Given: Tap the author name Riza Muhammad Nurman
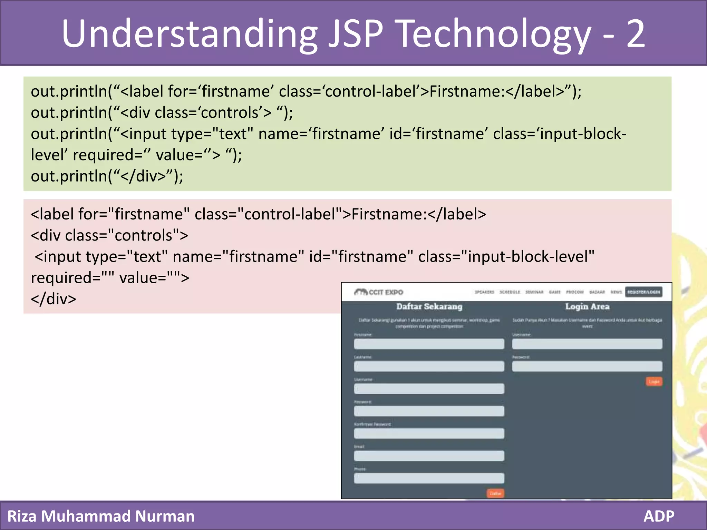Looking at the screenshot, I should [101, 516].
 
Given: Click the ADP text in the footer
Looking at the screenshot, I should [659, 516].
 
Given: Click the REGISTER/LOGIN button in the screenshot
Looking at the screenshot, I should [643, 292].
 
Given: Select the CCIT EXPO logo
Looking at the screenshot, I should [379, 292].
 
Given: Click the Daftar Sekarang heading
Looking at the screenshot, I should [429, 306].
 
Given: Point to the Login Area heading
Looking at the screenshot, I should [587, 306].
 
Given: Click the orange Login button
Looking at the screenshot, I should [654, 381].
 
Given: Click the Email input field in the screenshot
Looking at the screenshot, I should [429, 456].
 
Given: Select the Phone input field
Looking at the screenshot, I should [429, 478].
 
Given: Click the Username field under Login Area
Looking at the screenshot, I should [587, 344].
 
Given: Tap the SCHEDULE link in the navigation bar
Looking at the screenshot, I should [510, 292].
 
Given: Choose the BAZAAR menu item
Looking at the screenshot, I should [597, 292].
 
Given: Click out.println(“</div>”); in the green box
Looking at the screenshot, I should [107, 176].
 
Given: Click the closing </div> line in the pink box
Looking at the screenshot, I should [54, 299].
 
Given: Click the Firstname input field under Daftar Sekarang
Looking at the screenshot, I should [429, 344].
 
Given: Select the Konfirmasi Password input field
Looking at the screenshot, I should [429, 433].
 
